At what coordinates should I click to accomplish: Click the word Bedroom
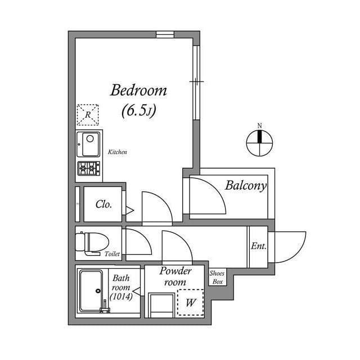(138, 90)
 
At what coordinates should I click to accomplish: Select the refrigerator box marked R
(87, 115)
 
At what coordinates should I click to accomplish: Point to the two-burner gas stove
(89, 168)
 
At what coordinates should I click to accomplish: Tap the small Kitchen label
(118, 152)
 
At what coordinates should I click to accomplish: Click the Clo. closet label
(103, 204)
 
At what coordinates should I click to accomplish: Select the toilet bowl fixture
(90, 242)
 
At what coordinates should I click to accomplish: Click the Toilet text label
(112, 254)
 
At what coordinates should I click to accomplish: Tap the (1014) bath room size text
(121, 296)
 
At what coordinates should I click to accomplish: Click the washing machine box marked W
(191, 303)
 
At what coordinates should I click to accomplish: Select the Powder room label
(175, 276)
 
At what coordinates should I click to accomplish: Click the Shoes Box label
(217, 277)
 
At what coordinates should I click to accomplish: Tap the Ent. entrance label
(258, 246)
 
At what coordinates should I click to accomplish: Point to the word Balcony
(245, 186)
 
